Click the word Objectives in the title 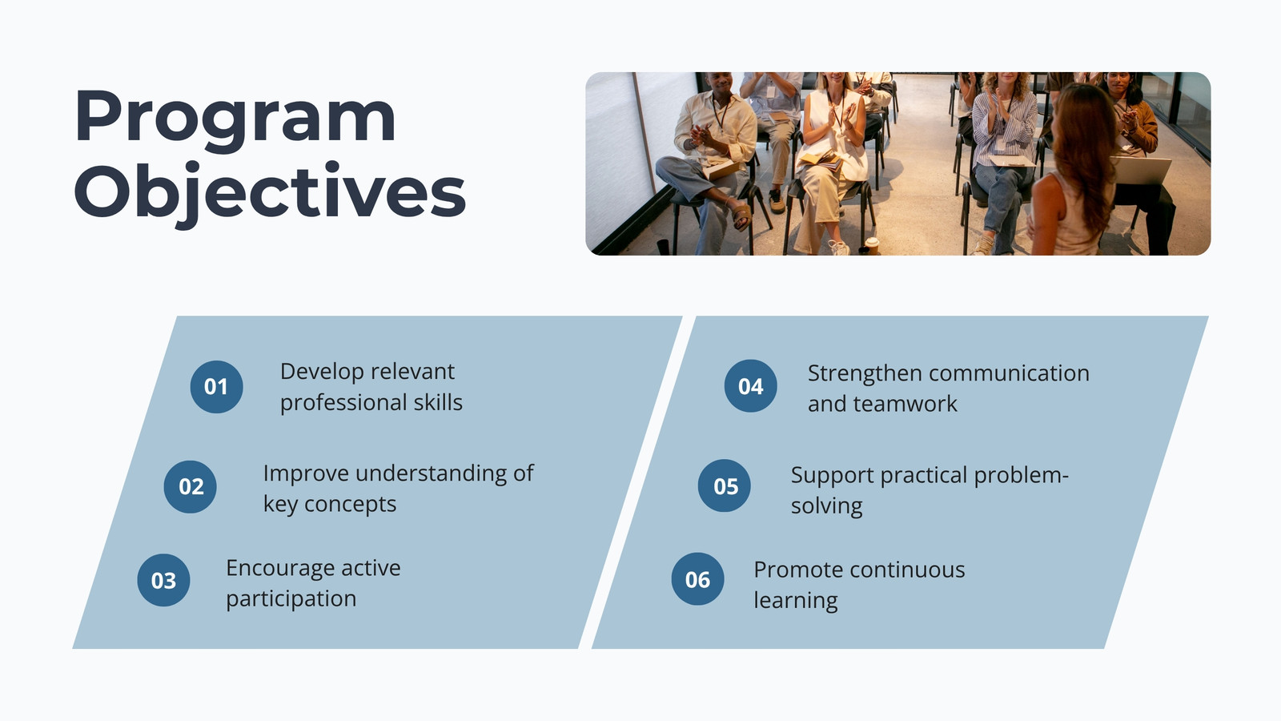tap(270, 193)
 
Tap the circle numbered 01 tap(217, 387)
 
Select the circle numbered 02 tap(191, 487)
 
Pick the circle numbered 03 tap(163, 580)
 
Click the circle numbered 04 tap(751, 385)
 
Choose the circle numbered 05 tap(725, 485)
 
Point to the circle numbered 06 tap(697, 579)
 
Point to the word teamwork tap(906, 404)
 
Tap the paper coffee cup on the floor tap(872, 246)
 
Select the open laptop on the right tap(1140, 171)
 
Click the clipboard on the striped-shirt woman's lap tap(1012, 161)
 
